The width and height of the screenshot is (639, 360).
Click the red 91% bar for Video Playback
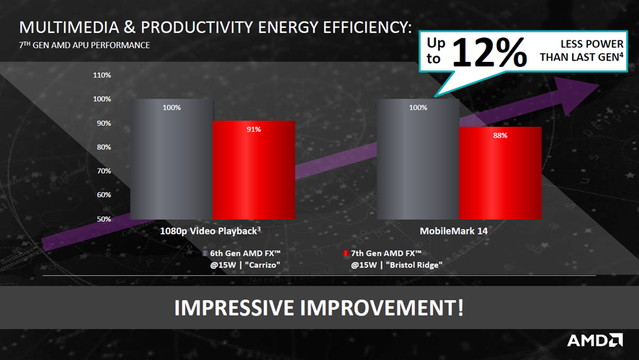point(254,170)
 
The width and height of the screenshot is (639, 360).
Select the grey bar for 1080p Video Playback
point(171,159)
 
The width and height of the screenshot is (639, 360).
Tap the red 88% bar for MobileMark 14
point(500,173)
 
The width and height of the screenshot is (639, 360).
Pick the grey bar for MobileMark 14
point(418,159)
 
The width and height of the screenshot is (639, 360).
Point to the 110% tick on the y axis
point(102,76)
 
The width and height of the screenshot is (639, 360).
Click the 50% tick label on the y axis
point(104,219)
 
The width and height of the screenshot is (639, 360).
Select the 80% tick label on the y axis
point(104,147)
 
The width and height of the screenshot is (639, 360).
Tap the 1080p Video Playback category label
point(210,231)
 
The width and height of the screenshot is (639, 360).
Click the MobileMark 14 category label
point(454,231)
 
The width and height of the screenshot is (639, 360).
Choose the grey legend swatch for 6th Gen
point(205,253)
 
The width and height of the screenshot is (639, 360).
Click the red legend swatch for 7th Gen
point(346,253)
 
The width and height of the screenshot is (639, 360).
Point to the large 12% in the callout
point(489,52)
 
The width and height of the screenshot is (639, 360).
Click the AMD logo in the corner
point(595,341)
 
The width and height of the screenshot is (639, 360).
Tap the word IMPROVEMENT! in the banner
point(382,307)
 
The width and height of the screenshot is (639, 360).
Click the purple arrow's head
point(578,94)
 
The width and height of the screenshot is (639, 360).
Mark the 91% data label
point(254,129)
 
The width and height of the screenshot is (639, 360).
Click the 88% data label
point(500,135)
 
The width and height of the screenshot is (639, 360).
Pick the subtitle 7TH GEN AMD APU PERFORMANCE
point(84,45)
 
